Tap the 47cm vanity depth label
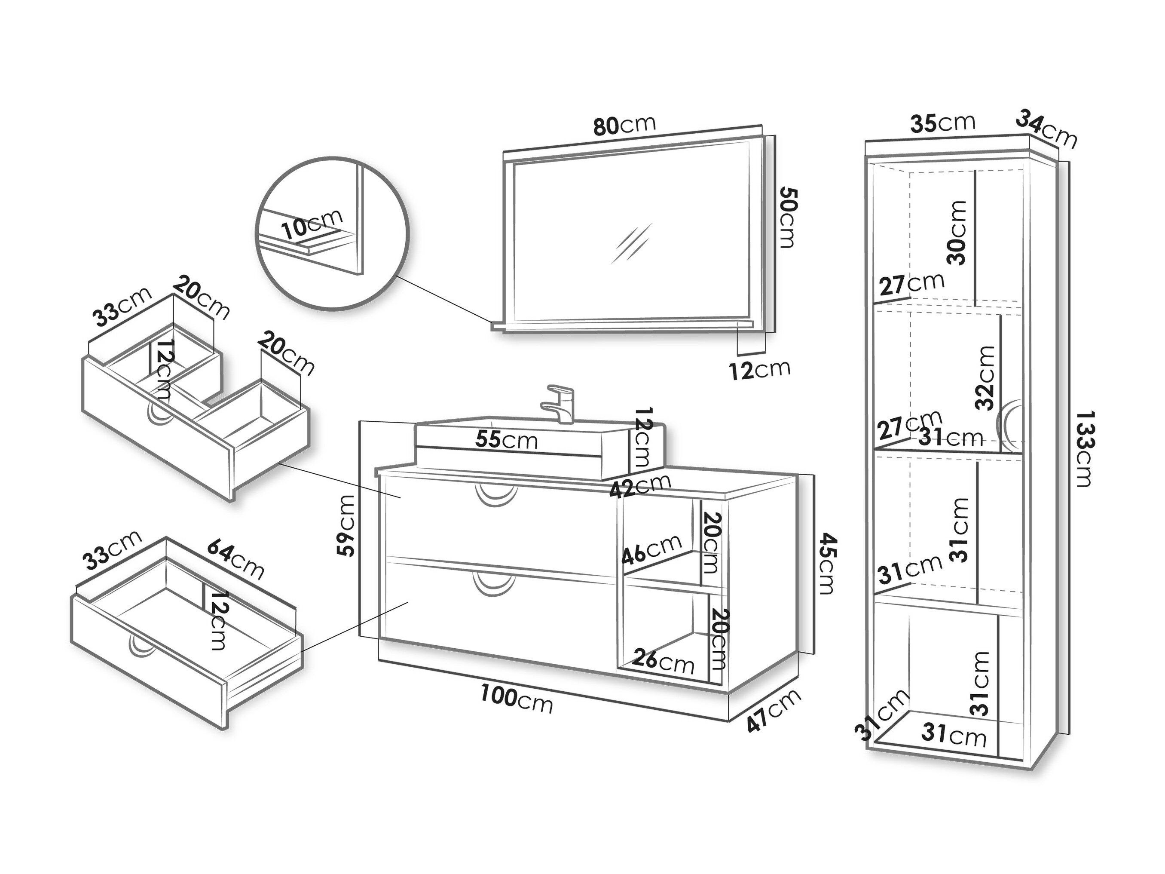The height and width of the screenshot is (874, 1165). [x=774, y=710]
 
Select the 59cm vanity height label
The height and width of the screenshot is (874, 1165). [x=346, y=525]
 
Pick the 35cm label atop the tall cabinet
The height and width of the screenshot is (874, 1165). [x=943, y=123]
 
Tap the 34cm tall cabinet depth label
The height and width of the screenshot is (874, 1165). [x=1046, y=129]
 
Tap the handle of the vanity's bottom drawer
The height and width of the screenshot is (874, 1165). [x=493, y=584]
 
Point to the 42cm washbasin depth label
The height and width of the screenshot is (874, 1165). [x=640, y=486]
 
